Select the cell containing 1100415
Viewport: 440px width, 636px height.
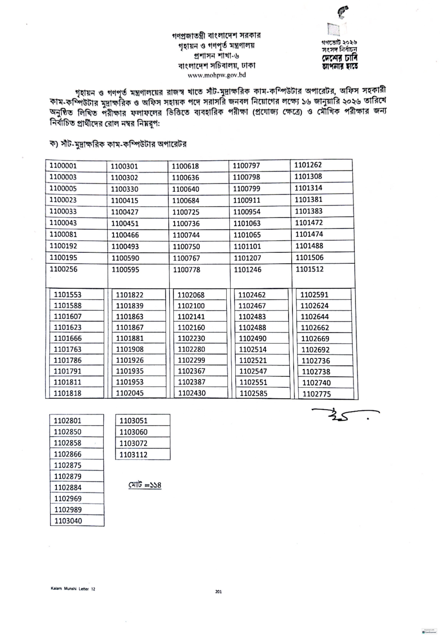125,200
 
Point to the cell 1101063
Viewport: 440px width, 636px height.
247,223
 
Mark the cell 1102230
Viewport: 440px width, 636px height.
191,338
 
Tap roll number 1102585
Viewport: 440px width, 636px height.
253,393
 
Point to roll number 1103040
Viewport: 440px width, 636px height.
68,521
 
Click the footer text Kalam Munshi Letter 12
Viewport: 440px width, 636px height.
73,589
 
